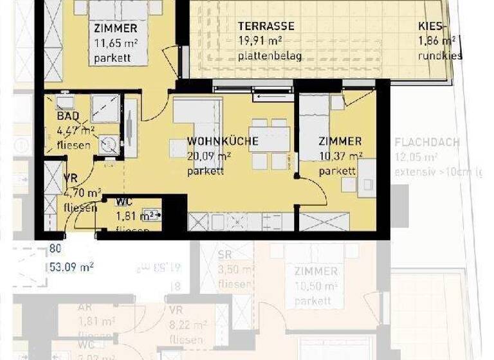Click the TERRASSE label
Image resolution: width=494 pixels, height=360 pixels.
pyautogui.click(x=266, y=26)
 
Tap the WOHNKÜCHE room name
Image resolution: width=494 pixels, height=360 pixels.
pyautogui.click(x=223, y=141)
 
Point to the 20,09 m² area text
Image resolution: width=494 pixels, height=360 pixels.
pyautogui.click(x=209, y=156)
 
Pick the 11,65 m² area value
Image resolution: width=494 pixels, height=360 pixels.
pyautogui.click(x=116, y=44)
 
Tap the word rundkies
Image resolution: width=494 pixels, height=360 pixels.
pyautogui.click(x=440, y=56)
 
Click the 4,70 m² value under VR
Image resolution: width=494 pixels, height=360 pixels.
pyautogui.click(x=82, y=193)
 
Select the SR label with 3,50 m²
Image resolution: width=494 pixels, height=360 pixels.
pyautogui.click(x=224, y=255)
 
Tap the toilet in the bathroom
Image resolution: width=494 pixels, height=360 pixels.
pyautogui.click(x=107, y=144)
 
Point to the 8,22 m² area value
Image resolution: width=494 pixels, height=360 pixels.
pyautogui.click(x=187, y=325)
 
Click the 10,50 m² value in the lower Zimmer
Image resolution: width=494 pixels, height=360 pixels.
pyautogui.click(x=316, y=285)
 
